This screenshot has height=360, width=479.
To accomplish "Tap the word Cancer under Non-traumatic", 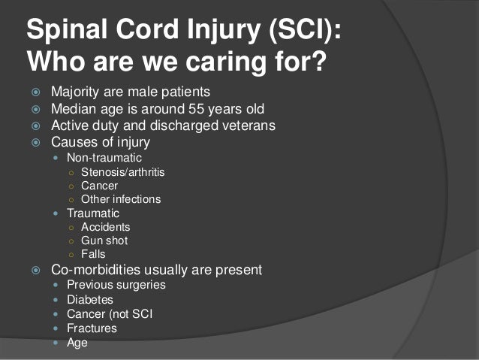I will tap(99, 186).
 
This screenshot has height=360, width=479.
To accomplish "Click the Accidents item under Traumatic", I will tap(105, 227).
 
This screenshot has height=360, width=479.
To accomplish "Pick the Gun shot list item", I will tap(104, 241).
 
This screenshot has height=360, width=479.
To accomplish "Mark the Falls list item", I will tap(92, 254).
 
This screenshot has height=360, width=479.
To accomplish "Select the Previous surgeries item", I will tap(116, 286).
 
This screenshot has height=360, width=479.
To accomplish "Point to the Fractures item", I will tap(92, 328).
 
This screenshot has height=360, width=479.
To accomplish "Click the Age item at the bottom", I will tap(77, 343).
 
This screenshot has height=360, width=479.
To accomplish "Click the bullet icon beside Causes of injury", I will tap(35, 142).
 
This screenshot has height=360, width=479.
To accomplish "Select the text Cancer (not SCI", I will tap(109, 314).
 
